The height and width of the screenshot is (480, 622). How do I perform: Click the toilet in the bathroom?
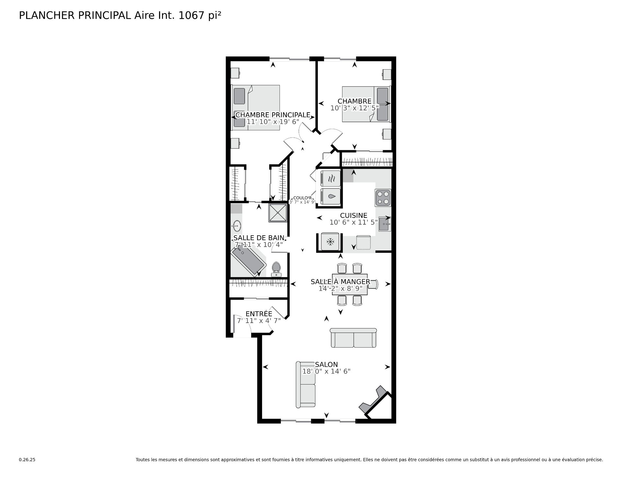[x=276, y=269]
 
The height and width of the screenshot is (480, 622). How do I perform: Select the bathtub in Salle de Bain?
[x=249, y=260]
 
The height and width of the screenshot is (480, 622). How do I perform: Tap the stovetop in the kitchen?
[x=383, y=198]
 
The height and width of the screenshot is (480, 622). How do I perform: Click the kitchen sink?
[x=385, y=224]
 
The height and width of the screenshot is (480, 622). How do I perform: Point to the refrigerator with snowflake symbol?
[x=330, y=241]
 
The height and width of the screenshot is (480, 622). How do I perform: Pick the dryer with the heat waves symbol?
[x=330, y=178]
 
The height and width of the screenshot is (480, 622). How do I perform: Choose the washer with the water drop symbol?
[x=330, y=196]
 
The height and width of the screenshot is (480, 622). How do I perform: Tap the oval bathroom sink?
[x=237, y=226]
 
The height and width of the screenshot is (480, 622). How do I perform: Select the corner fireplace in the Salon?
[x=375, y=400]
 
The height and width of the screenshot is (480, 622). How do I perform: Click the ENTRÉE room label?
[x=259, y=314]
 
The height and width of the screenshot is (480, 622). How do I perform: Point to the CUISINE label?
[x=354, y=216]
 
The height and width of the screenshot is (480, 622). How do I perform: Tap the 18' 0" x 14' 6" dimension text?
[x=326, y=372]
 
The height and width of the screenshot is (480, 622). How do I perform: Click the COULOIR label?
[x=302, y=198]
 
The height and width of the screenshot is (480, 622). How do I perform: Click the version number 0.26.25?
[x=27, y=460]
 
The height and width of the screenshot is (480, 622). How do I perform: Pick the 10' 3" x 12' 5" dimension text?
[x=354, y=108]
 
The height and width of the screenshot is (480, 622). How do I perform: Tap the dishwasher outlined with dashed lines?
[x=363, y=242]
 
